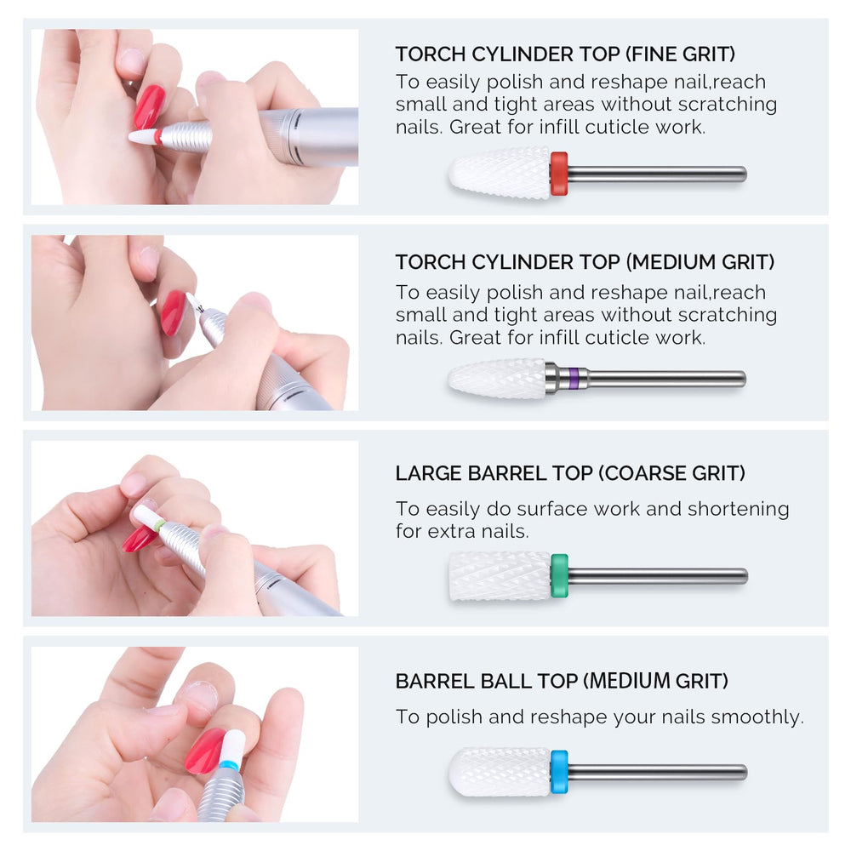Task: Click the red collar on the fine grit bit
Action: [558, 174]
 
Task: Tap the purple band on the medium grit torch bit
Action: [574, 378]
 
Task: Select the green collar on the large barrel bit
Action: [559, 576]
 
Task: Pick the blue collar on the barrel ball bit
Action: [559, 772]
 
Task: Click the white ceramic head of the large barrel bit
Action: [500, 576]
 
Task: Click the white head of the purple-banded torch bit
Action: [497, 379]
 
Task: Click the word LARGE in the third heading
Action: [428, 473]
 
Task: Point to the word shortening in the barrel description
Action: [738, 509]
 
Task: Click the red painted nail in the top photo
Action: [149, 107]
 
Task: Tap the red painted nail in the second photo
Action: [174, 312]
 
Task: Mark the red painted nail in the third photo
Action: [140, 539]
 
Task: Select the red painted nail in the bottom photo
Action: [204, 751]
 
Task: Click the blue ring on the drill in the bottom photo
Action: [229, 765]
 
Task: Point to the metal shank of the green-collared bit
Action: [658, 576]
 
